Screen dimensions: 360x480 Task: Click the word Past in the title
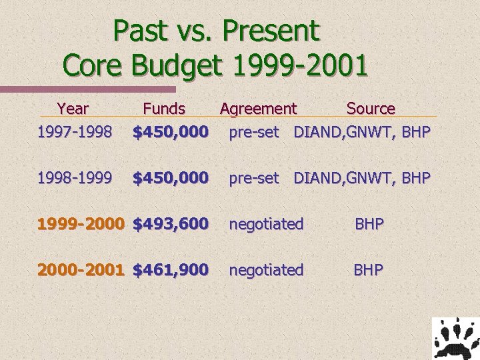coord(139,31)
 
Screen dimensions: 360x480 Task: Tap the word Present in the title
coord(271,31)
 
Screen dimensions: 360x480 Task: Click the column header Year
coord(73,108)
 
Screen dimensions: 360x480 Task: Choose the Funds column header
coord(164,108)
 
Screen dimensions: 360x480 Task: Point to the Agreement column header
coord(258,108)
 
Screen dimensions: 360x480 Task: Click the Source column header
coord(371,108)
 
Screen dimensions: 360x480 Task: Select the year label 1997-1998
coord(74,132)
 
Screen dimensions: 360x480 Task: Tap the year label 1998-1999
coord(74,178)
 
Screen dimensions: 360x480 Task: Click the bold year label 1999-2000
coord(81,224)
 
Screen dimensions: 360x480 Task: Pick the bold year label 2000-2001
coord(81,269)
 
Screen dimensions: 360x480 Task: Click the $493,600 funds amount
coord(171,224)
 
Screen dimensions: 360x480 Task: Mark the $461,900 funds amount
coord(171,269)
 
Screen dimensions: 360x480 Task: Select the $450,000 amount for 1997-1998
coord(171,132)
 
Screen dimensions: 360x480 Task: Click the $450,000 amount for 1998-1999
coord(171,178)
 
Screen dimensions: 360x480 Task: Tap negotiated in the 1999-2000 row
coord(266,224)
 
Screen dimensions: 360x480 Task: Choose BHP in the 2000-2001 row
coord(369,269)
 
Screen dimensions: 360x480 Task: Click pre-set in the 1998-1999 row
coord(254,178)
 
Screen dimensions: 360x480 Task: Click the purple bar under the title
coord(87,89)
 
